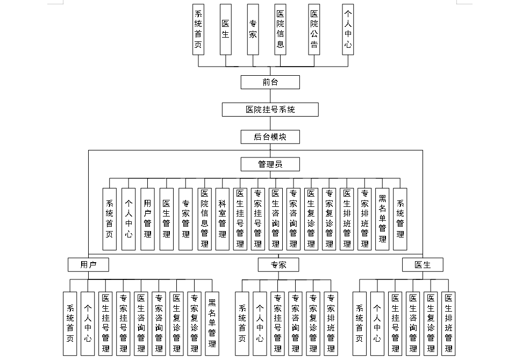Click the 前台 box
270,82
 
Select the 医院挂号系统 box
270,110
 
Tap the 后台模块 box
270,137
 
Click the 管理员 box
270,164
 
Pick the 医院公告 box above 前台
314,29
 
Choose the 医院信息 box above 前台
281,29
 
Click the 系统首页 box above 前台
198,29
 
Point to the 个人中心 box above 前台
348,29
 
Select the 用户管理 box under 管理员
147,219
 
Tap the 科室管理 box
223,219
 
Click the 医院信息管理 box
204,219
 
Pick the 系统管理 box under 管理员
400,219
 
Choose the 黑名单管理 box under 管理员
382,219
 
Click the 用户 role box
88,264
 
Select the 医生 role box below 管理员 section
423,264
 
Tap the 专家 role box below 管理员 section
278,264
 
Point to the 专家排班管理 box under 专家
331,323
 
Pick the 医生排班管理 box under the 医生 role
448,323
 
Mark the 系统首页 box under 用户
70,323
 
